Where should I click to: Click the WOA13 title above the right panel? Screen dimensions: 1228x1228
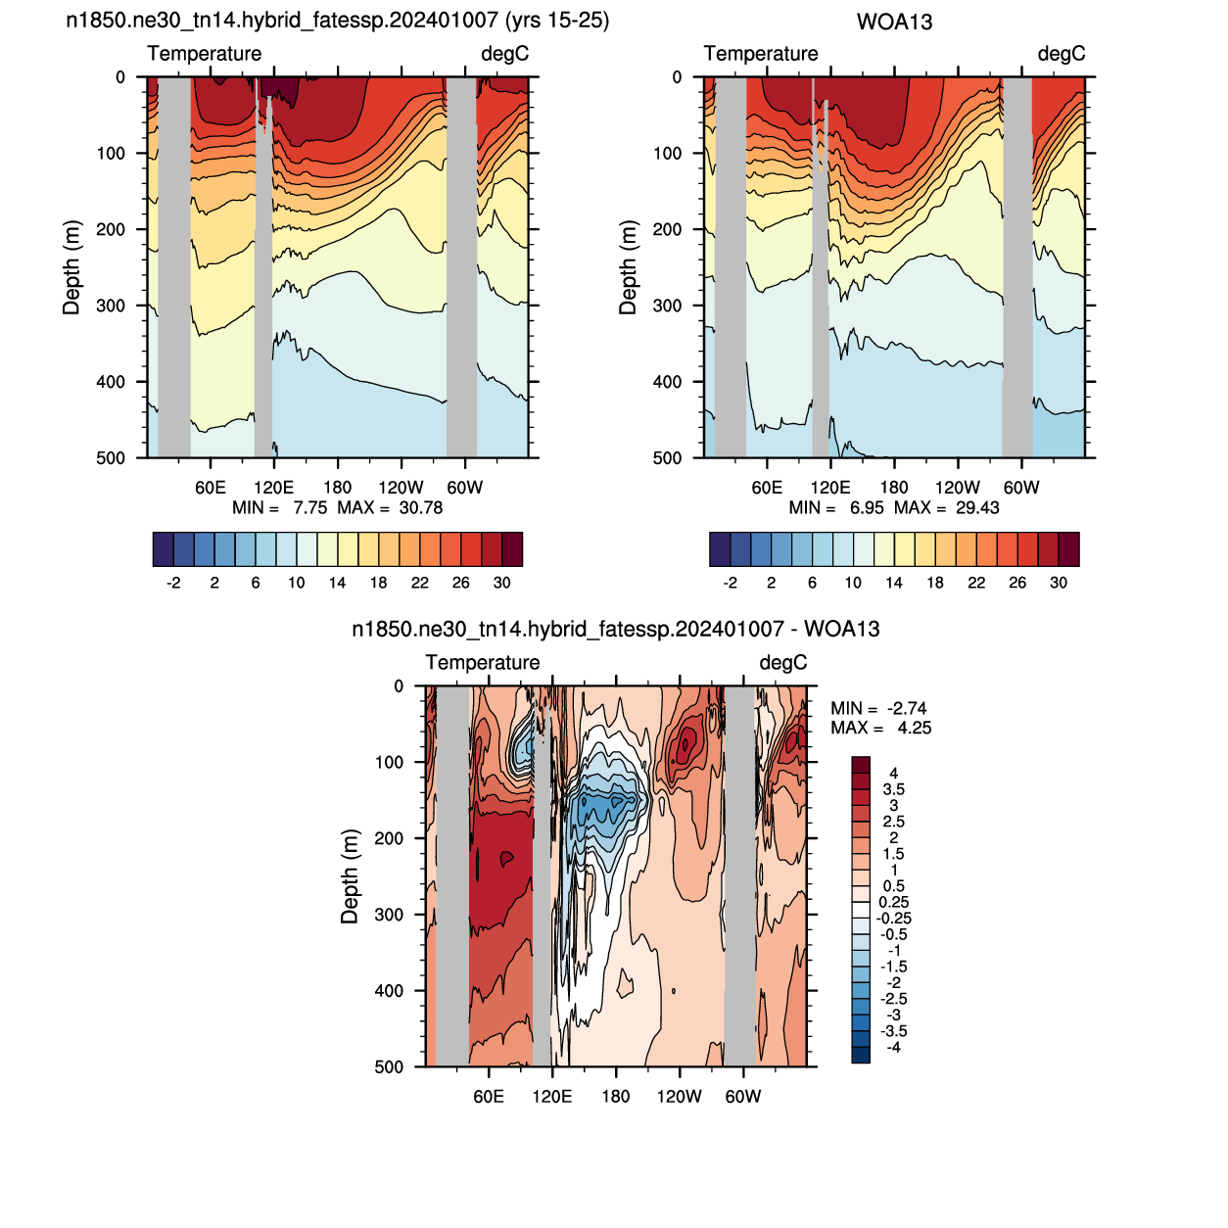(894, 23)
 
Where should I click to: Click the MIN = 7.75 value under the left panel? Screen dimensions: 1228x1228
(280, 507)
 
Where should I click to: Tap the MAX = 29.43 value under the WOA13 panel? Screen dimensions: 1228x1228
(946, 507)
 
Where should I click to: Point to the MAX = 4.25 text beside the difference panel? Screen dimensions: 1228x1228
(880, 728)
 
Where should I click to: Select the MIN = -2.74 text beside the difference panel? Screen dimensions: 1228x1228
(878, 708)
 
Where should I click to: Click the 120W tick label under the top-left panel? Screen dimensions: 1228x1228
(401, 488)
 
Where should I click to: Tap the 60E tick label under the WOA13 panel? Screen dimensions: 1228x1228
(767, 488)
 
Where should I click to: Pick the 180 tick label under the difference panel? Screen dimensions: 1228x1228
(616, 1096)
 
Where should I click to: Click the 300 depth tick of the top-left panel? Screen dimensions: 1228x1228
(111, 306)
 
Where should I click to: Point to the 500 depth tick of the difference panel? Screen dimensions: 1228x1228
(390, 1066)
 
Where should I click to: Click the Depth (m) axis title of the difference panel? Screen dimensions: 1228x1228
(350, 876)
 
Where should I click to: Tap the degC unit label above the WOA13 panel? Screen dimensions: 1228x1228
(1062, 54)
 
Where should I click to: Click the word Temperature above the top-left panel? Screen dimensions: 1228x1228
(204, 54)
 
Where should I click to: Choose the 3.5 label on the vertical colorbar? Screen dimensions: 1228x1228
(893, 789)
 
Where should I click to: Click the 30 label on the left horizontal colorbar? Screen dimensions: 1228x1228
(501, 583)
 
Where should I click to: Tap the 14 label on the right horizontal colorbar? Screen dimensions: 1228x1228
(894, 583)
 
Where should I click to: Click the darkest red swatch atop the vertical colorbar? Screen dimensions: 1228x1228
(861, 765)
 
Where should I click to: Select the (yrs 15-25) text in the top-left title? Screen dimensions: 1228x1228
(557, 21)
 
